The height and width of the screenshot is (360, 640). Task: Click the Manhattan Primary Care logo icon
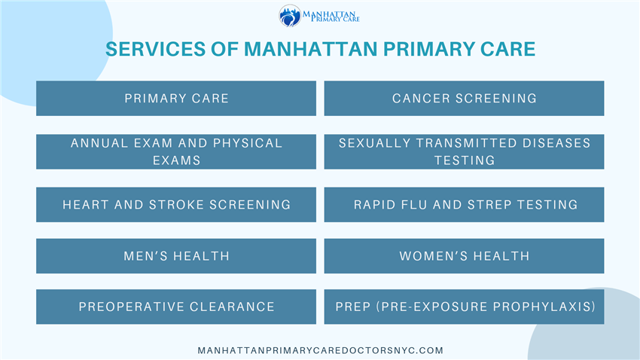[290, 16]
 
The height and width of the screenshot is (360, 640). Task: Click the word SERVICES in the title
[156, 49]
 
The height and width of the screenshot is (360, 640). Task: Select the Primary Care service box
[176, 99]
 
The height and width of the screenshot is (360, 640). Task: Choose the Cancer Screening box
[464, 99]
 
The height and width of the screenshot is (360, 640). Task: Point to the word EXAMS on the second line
[177, 160]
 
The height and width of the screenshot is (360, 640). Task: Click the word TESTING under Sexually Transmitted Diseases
[465, 160]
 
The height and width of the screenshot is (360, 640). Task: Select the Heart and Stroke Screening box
[176, 205]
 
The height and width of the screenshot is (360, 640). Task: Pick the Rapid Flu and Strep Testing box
[464, 205]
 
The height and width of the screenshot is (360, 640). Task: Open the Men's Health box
[176, 256]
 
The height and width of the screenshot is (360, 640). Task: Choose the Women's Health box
[464, 256]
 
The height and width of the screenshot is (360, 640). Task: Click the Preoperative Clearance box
[176, 307]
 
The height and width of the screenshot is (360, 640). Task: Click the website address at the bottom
[321, 351]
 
